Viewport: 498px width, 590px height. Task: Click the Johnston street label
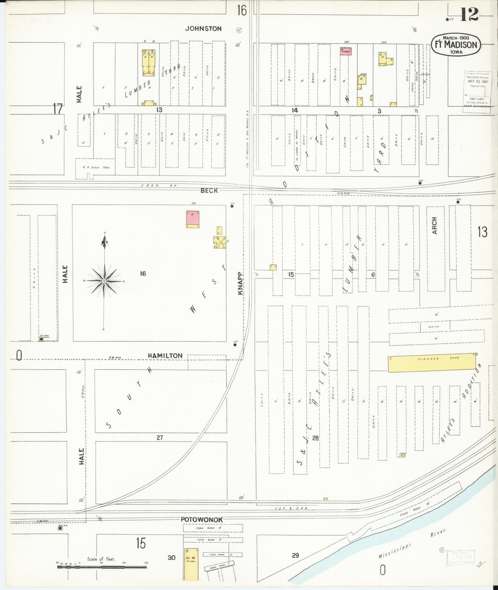(x=203, y=29)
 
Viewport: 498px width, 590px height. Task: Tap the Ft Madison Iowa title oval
(x=456, y=45)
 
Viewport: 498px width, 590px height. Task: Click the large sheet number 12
(x=469, y=15)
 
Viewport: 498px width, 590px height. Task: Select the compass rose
(x=104, y=281)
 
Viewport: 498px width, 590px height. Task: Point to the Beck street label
(x=209, y=190)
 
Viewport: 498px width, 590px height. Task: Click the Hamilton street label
(x=165, y=356)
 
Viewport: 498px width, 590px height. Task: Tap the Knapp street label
(x=240, y=283)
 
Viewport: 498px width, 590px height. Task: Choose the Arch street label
(x=434, y=225)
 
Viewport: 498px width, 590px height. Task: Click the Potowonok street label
(x=202, y=519)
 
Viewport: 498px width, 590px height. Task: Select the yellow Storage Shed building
(x=432, y=363)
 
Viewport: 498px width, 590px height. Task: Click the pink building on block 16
(x=193, y=219)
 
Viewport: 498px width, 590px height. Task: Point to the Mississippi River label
(x=412, y=545)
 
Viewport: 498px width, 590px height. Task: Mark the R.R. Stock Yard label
(x=96, y=167)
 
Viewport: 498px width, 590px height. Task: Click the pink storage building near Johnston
(x=346, y=52)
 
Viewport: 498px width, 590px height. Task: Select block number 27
(x=160, y=438)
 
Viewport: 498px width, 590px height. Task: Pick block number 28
(x=315, y=438)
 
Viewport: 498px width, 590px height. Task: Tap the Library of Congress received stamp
(x=477, y=89)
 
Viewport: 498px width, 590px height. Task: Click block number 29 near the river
(x=295, y=555)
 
